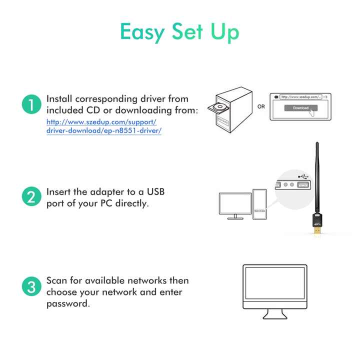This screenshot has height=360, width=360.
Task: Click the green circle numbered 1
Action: click(x=30, y=105)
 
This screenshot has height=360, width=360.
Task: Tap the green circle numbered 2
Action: click(x=30, y=197)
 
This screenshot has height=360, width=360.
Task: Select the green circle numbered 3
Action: click(x=30, y=287)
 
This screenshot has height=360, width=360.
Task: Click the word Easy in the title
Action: click(x=142, y=32)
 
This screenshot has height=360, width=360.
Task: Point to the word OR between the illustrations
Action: click(x=261, y=106)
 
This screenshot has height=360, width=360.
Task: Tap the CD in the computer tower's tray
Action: click(x=220, y=106)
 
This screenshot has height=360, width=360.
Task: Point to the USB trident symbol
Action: click(x=302, y=176)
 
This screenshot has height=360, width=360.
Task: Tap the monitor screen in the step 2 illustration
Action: click(x=235, y=204)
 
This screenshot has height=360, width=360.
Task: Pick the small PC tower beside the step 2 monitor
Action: click(x=259, y=203)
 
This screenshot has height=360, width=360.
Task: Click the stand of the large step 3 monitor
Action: click(x=278, y=313)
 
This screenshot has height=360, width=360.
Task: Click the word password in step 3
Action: click(x=67, y=303)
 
